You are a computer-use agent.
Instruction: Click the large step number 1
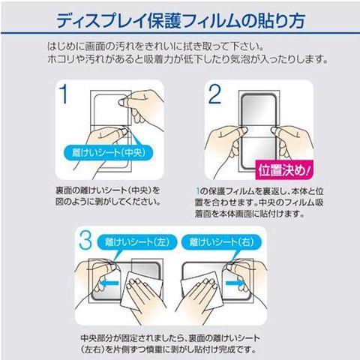pos(64,94)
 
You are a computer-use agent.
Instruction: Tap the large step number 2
pos(214,94)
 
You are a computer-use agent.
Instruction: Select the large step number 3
pos(85,240)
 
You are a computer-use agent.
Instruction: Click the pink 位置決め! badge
pos(284,169)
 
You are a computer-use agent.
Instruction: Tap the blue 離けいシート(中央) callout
pos(109,152)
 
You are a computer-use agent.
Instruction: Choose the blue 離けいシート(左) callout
pos(137,242)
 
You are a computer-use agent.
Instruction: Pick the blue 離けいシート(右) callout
pos(221,242)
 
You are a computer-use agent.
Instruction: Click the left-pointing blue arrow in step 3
pos(109,283)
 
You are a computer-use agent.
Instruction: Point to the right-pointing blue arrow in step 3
pos(235,283)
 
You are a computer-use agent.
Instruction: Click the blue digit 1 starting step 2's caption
pos(198,191)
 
